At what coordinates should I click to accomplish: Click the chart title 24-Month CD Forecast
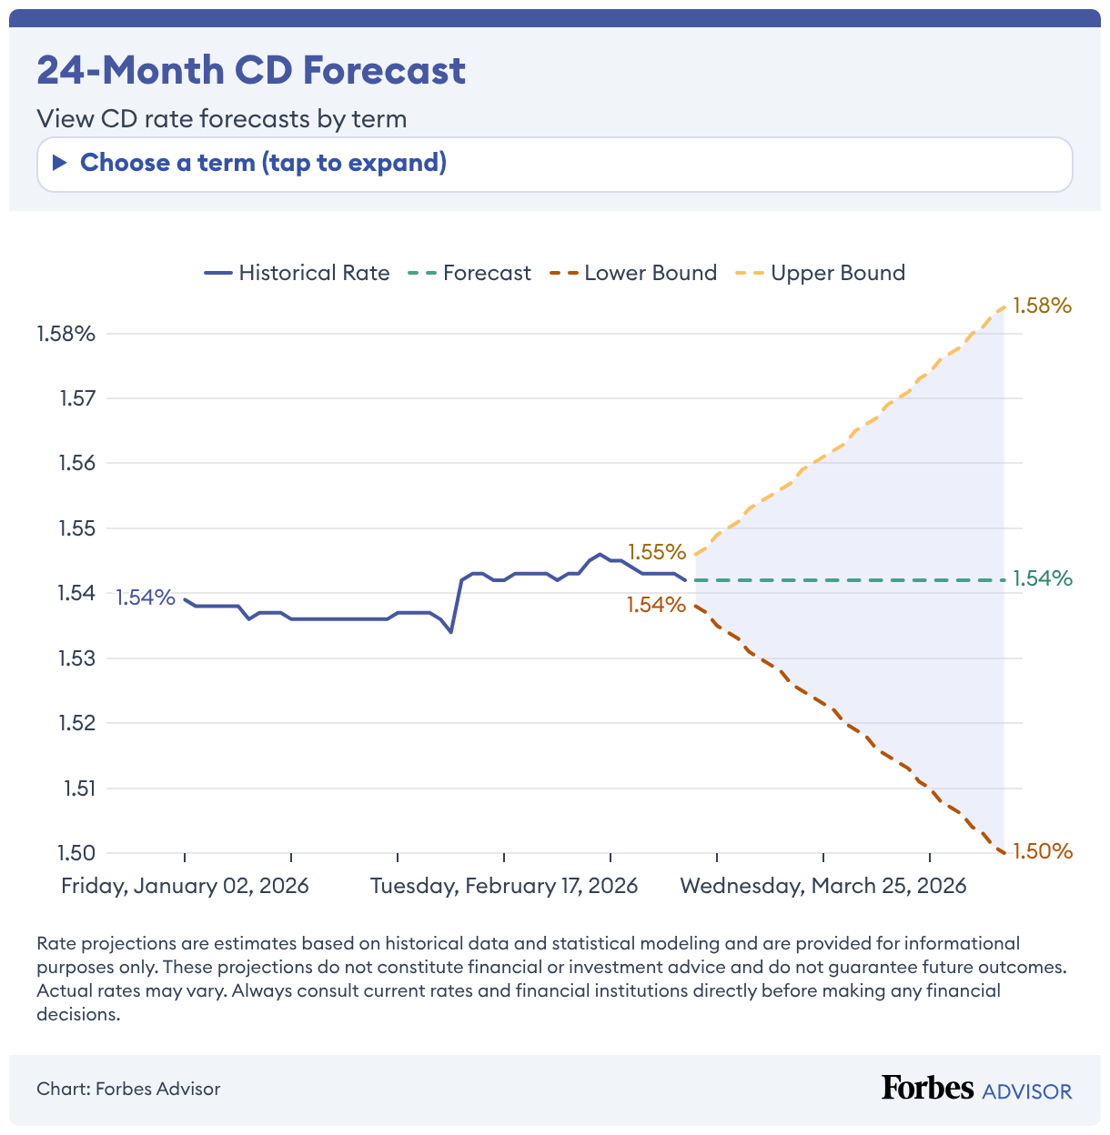tap(251, 70)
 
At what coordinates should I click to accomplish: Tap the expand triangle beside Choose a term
tap(60, 163)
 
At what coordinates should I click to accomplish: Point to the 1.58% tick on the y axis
tap(66, 334)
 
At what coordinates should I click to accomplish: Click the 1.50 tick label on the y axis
tap(76, 853)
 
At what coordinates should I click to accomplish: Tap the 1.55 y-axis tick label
tap(76, 528)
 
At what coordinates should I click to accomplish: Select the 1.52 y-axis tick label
tap(76, 723)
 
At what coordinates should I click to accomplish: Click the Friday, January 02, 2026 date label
tap(185, 886)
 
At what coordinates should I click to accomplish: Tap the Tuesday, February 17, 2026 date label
tap(504, 886)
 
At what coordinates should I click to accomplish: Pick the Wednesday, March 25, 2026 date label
tap(823, 886)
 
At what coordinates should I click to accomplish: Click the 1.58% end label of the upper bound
tap(1043, 306)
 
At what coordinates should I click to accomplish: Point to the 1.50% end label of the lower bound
tap(1043, 851)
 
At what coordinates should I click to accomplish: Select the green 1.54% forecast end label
tap(1043, 578)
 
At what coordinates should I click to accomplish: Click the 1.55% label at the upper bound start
tap(656, 552)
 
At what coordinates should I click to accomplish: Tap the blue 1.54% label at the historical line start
tap(145, 598)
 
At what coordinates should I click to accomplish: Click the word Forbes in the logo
tap(927, 1088)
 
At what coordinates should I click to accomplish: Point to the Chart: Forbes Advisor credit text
tap(128, 1089)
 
